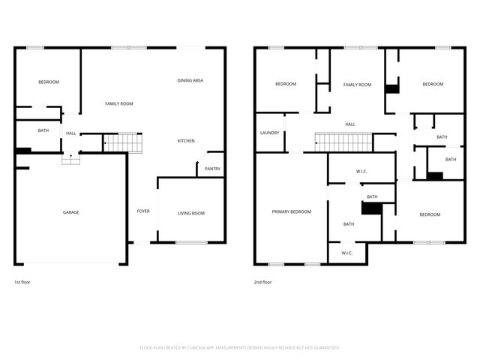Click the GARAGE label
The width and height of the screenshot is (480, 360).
click(x=70, y=212)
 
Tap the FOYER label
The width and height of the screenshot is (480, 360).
click(x=142, y=211)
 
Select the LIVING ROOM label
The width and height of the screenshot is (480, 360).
click(x=190, y=214)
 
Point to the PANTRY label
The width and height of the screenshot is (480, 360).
click(x=212, y=169)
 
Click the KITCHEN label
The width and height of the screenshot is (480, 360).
click(x=186, y=141)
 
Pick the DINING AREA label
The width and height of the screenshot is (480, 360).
click(x=190, y=80)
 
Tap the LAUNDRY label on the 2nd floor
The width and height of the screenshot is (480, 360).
click(x=269, y=133)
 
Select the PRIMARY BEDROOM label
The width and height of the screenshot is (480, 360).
click(x=291, y=212)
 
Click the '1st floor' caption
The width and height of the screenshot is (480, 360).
click(x=22, y=283)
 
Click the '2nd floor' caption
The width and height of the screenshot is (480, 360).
click(x=262, y=283)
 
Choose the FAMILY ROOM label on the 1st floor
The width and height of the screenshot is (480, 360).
click(x=118, y=103)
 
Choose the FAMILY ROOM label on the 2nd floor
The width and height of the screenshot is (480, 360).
click(x=357, y=85)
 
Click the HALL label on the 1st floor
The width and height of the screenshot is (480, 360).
click(x=71, y=133)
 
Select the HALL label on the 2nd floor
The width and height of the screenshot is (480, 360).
click(x=349, y=124)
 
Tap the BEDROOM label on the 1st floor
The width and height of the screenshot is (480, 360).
click(x=49, y=82)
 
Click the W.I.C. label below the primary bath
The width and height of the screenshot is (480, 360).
click(x=347, y=253)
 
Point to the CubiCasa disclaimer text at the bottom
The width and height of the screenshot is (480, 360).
click(x=240, y=347)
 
